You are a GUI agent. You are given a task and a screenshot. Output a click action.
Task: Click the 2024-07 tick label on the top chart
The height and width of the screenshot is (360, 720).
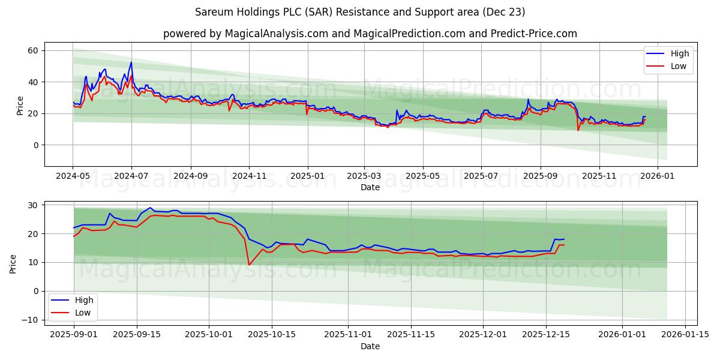[x=131, y=176]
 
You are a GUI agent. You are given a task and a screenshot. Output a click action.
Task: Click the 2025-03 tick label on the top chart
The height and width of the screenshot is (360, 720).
[x=364, y=176]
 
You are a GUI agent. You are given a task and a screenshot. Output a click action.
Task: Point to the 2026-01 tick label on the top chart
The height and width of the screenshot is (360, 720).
[x=657, y=176]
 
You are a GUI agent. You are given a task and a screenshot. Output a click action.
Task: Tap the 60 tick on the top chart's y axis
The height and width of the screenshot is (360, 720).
[x=33, y=50]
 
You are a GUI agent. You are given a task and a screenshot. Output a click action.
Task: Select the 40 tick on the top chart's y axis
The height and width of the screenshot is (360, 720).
[x=33, y=82]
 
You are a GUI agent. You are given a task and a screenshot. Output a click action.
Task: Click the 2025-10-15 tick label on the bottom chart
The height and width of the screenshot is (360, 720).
[x=272, y=335]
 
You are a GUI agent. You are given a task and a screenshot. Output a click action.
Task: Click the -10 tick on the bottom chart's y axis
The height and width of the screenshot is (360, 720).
[x=29, y=320]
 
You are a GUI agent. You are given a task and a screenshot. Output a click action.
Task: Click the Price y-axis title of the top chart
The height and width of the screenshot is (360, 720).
[x=20, y=105]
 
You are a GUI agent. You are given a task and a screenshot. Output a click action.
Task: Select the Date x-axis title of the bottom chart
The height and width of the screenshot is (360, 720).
[x=370, y=346]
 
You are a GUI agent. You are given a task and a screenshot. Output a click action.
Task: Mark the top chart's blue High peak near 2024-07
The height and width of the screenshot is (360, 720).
[x=131, y=62]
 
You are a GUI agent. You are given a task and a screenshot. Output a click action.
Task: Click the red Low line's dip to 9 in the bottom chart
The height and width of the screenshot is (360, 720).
[x=249, y=265]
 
